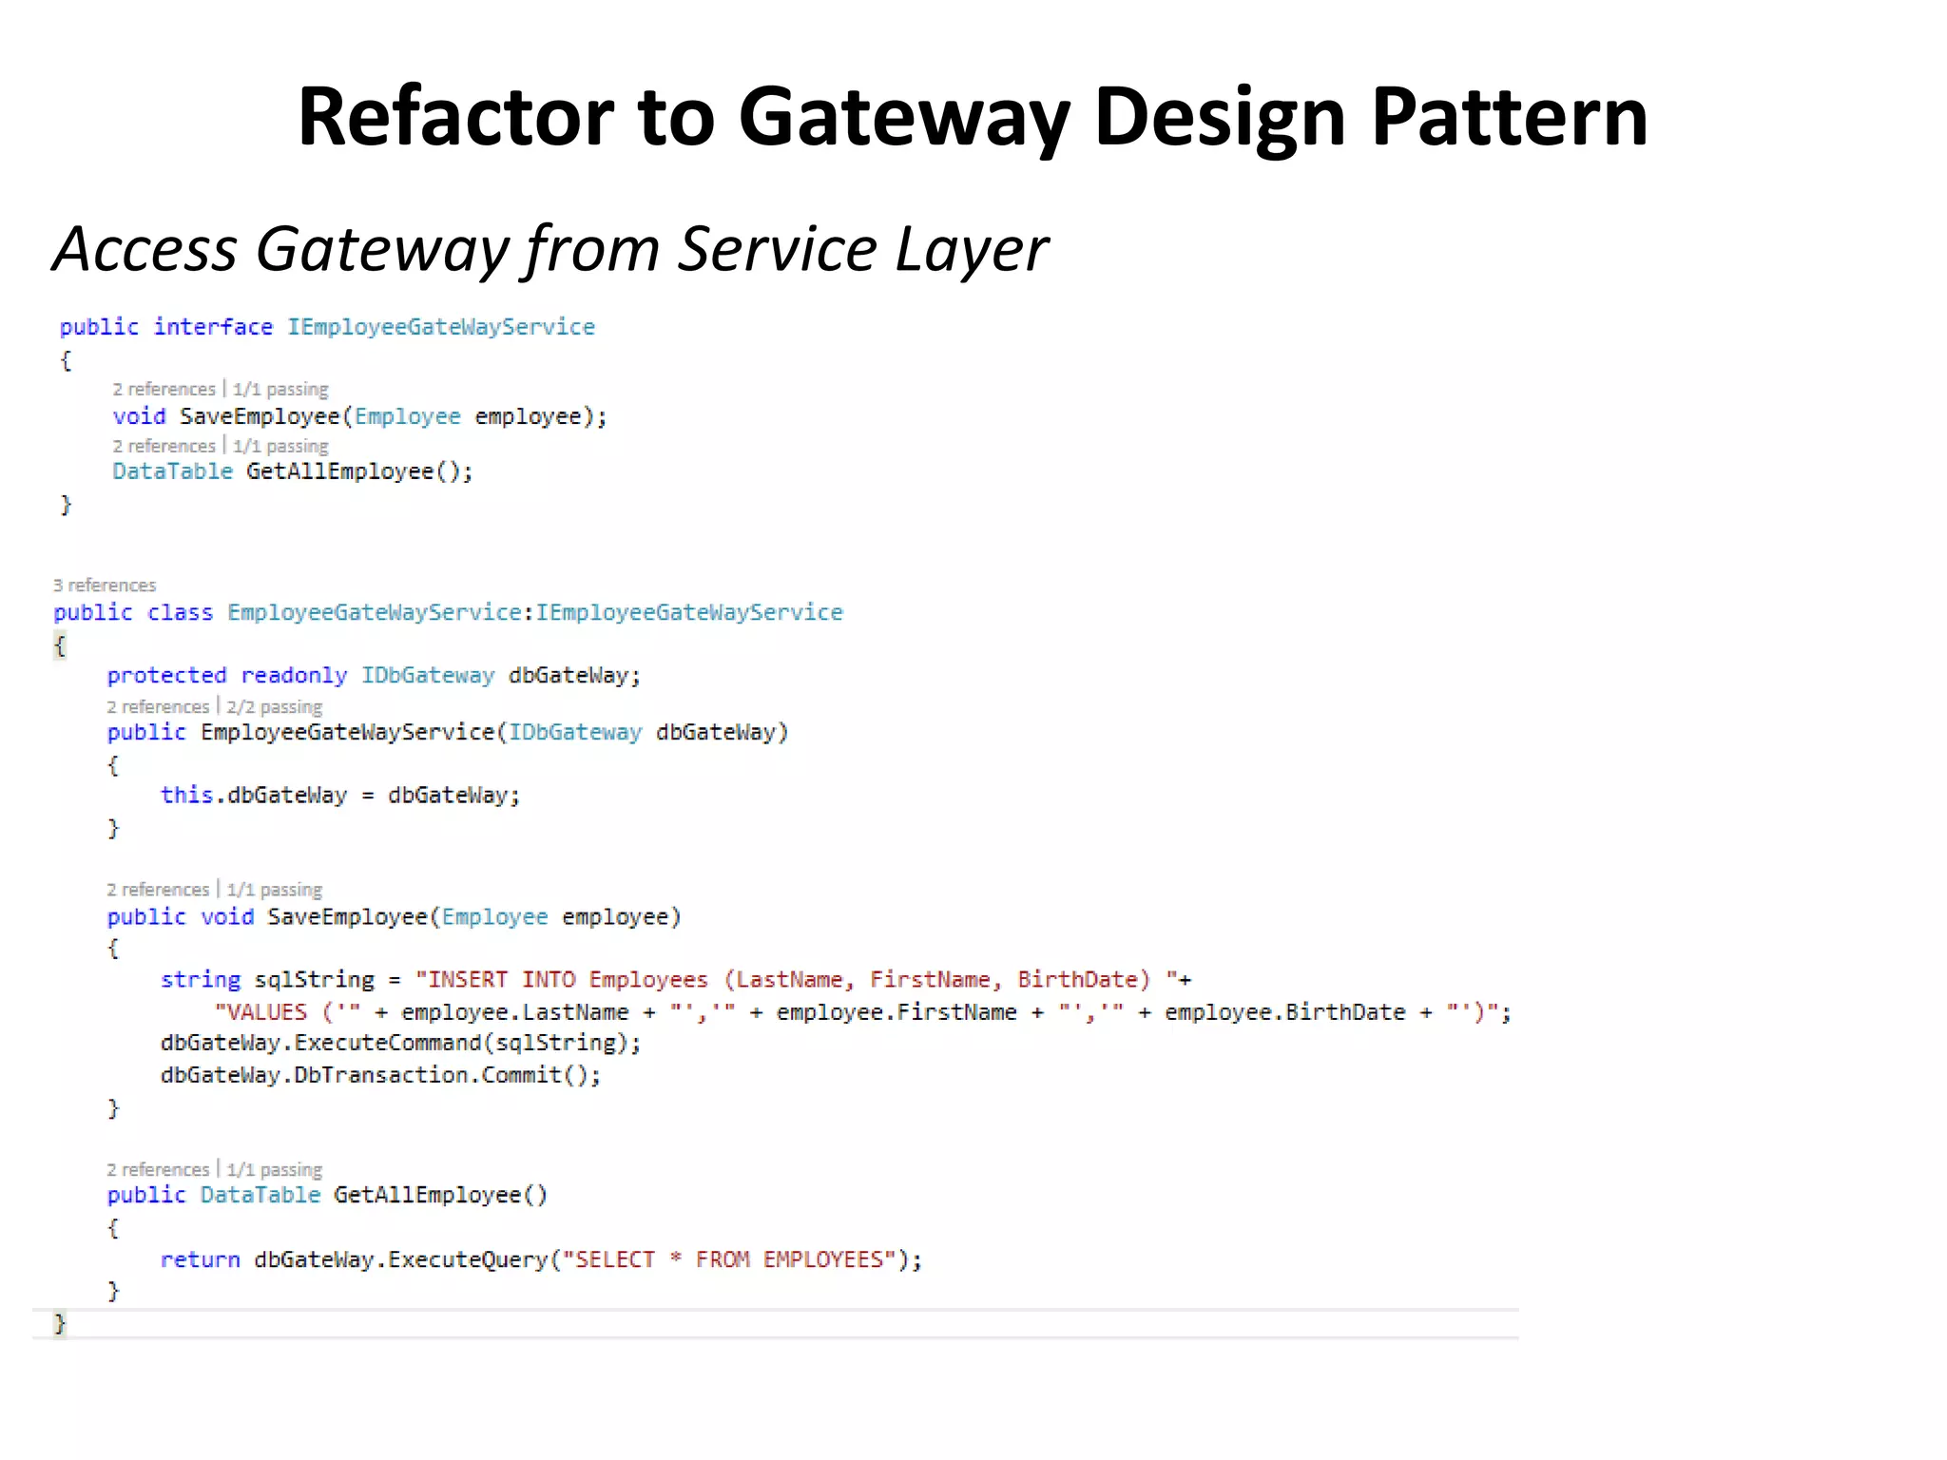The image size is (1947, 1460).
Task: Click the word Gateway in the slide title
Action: [903, 118]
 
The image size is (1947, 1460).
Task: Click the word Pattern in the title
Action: [1509, 118]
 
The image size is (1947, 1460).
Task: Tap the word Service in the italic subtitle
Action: [778, 249]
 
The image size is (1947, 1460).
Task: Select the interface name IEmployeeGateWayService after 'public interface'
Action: [441, 327]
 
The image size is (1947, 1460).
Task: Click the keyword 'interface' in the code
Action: [213, 327]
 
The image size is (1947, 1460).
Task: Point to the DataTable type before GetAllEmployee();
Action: [172, 471]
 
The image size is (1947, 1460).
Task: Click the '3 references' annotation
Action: [105, 586]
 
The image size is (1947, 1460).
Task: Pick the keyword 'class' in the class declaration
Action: [180, 613]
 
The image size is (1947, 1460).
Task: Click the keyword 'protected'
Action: [166, 676]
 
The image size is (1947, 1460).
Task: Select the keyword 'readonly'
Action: [294, 676]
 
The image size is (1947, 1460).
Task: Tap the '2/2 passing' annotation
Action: [274, 707]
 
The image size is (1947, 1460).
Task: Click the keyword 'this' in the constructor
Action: [185, 796]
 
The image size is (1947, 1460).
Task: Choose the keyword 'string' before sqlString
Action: [200, 980]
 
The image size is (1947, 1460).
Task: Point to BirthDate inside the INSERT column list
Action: [1077, 980]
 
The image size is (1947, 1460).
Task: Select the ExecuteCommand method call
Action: [388, 1044]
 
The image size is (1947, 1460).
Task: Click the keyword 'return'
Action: [200, 1260]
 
